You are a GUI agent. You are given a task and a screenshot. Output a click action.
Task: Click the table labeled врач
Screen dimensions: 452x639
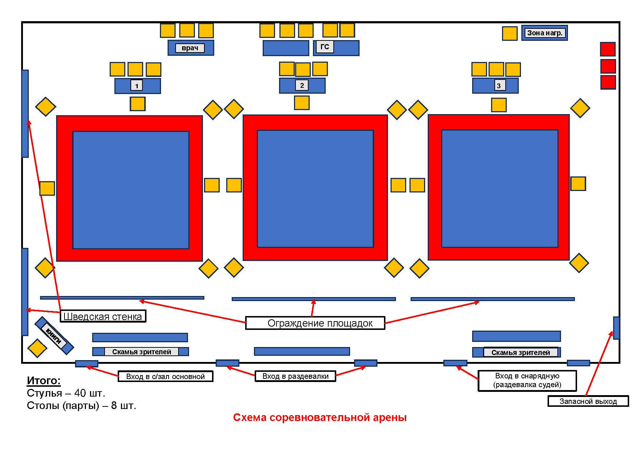(x=191, y=48)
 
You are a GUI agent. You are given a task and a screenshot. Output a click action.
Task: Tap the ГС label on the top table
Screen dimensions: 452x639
(x=325, y=47)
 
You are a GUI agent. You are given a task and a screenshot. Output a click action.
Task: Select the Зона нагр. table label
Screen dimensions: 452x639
(x=544, y=33)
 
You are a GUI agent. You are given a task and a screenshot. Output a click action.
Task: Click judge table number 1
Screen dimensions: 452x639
(x=137, y=86)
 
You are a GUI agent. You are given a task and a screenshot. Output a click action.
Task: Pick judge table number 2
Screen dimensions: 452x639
(x=302, y=86)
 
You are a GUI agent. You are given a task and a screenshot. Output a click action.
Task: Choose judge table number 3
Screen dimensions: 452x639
(x=495, y=86)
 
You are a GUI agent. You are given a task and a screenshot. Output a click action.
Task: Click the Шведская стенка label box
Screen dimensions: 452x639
(x=103, y=316)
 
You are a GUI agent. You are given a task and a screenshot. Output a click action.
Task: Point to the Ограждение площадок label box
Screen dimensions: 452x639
(x=315, y=323)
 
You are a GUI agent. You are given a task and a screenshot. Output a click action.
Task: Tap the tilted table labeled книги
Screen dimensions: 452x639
(x=54, y=335)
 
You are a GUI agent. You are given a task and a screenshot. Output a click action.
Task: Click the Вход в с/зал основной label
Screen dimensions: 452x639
(x=165, y=377)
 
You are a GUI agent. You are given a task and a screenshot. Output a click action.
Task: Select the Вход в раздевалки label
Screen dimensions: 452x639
(x=295, y=376)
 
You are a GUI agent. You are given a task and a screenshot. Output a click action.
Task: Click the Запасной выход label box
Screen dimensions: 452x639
(x=588, y=401)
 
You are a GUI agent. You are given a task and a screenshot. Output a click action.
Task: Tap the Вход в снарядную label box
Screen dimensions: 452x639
(x=527, y=380)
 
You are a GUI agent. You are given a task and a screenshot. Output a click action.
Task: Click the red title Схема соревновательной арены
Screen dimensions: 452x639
(x=319, y=417)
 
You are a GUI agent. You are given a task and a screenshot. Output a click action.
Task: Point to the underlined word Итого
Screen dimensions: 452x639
(x=44, y=381)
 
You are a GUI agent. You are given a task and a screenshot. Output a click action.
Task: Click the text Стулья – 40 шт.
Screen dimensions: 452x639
(x=66, y=393)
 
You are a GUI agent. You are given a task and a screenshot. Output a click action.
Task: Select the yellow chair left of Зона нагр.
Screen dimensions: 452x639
(x=509, y=34)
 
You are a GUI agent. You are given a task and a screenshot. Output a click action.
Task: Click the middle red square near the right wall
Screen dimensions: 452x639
(x=608, y=66)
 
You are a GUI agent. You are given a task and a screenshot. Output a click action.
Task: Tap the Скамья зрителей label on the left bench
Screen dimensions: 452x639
(x=141, y=352)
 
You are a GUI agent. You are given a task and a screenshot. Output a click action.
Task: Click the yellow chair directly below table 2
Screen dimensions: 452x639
(x=302, y=103)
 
